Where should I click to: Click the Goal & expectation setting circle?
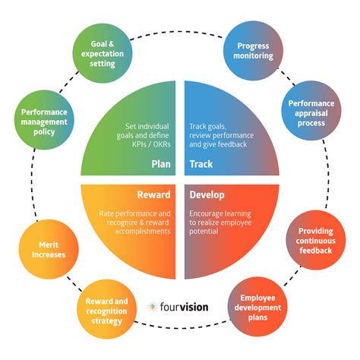coord(102,52)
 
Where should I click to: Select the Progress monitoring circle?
coord(254,50)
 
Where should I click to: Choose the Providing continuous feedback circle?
coord(313,241)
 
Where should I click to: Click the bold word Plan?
coord(161,163)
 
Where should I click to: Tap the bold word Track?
coord(201,163)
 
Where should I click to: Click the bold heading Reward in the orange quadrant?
coord(153,195)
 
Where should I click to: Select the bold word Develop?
coord(208,195)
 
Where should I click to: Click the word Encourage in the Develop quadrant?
coord(207,214)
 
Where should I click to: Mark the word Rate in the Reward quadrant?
coord(107,214)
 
